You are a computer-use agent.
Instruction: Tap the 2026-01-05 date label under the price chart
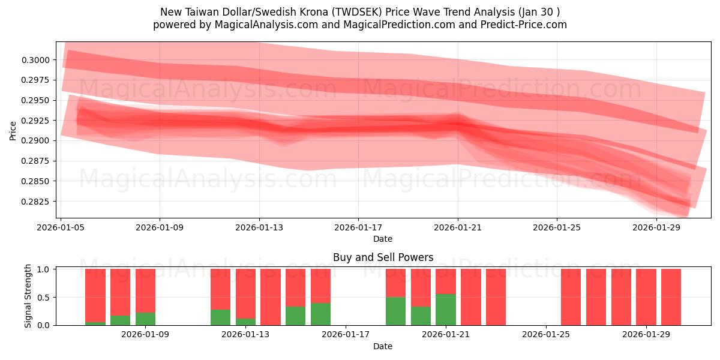(61, 228)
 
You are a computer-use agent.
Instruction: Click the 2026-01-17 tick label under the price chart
(358, 228)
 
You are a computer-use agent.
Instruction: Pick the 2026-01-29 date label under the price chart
(656, 228)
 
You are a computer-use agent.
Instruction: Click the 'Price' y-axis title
(13, 130)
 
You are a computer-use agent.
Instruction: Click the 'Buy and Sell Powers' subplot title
(383, 257)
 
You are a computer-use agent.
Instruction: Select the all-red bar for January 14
(271, 297)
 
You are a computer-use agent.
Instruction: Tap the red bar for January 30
(671, 297)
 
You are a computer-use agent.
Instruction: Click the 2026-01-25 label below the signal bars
(547, 335)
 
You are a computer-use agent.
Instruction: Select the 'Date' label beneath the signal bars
(383, 346)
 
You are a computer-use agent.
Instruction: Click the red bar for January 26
(571, 297)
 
